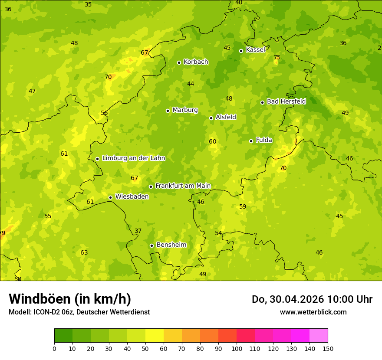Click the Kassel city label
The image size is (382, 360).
coord(255,50)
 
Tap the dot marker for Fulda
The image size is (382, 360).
coord(251,141)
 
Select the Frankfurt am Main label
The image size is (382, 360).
coord(183,186)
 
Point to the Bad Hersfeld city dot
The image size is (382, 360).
coord(262,102)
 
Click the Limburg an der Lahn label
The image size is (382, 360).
coord(133,158)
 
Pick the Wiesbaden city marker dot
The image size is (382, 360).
coord(110,197)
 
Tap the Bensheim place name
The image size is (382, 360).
coord(171,245)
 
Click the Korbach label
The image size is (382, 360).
coord(196,62)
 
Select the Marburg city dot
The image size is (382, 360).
coord(168,111)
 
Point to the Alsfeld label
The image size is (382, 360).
coord(226,118)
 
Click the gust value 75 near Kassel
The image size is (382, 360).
coord(277,58)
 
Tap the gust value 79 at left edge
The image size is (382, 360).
coord(2,233)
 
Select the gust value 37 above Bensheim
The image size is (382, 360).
coord(138,231)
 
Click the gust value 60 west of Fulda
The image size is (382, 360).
coord(212,142)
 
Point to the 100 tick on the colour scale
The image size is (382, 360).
coord(237,348)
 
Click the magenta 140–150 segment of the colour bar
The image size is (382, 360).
coord(319,336)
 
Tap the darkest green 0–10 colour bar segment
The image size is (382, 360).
coord(63,336)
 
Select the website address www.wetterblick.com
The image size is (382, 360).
coord(313,312)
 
